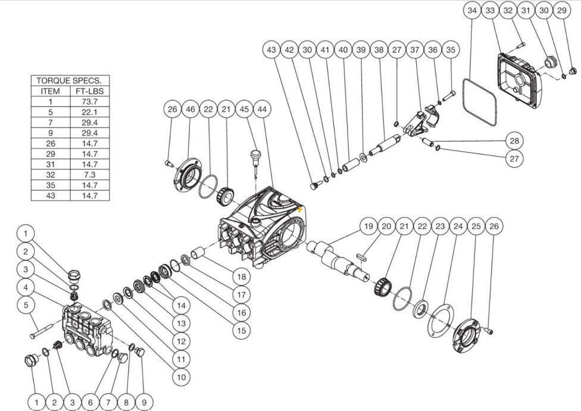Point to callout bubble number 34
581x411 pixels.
coord(473,11)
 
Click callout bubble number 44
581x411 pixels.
coord(262,109)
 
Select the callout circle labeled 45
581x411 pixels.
coord(244,109)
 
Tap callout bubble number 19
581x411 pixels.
coord(368,226)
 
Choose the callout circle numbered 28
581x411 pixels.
coord(514,140)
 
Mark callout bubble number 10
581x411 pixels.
coord(180,377)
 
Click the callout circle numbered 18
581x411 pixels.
coord(240,277)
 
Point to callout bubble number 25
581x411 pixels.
coord(476,226)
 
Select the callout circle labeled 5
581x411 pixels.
coord(26,306)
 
